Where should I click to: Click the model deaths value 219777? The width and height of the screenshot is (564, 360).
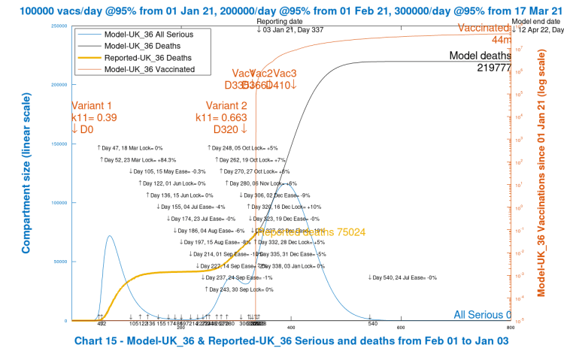pyautogui.click(x=494, y=68)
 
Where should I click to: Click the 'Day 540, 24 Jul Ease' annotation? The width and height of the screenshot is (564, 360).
pyautogui.click(x=402, y=277)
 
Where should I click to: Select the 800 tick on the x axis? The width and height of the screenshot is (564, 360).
pyautogui.click(x=511, y=327)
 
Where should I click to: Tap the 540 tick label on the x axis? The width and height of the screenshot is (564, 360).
pyautogui.click(x=371, y=325)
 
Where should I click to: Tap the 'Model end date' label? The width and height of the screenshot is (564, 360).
pyautogui.click(x=535, y=23)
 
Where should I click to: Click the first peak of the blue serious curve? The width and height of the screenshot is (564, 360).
pyautogui.click(x=110, y=236)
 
